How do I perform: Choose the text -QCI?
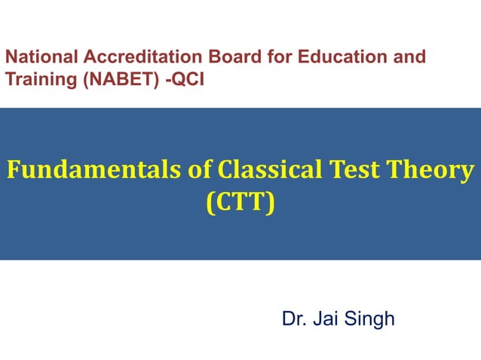[185, 78]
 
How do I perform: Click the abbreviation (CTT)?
[240, 202]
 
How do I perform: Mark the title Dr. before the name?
[294, 319]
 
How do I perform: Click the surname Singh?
[370, 319]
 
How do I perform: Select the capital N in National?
[11, 57]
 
